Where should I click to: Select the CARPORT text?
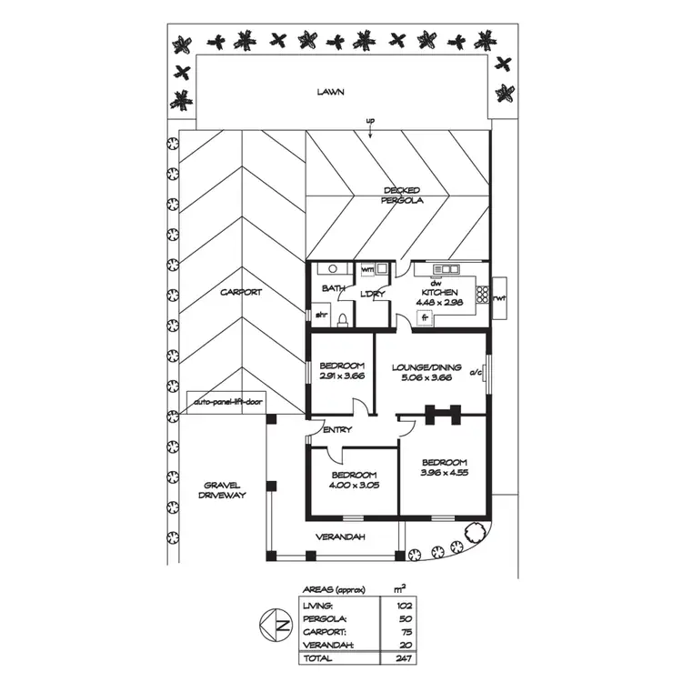[x=241, y=293]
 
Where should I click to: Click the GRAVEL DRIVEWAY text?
[x=223, y=490]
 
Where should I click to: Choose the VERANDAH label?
[x=340, y=537]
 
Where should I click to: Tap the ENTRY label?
[x=337, y=430]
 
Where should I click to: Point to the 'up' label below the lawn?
[x=370, y=122]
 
